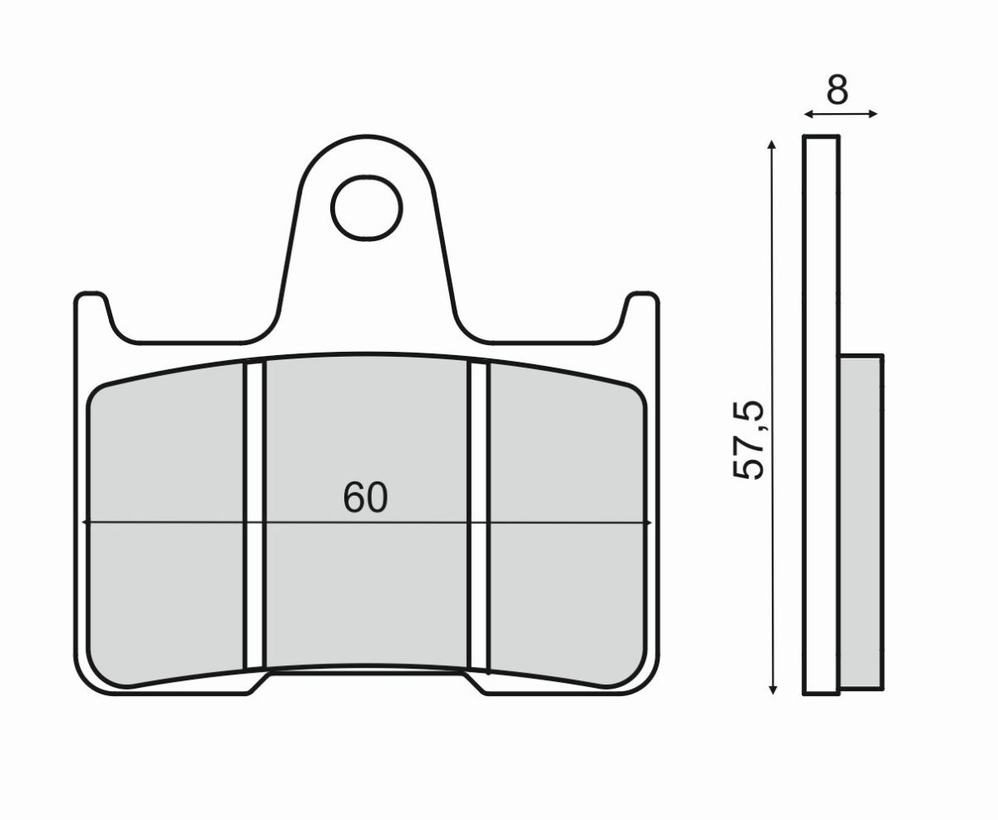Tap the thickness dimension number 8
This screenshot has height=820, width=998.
tap(837, 90)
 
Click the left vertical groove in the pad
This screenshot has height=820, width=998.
tap(255, 516)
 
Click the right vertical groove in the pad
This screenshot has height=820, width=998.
tap(478, 516)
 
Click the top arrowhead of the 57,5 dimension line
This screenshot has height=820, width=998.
tap(773, 145)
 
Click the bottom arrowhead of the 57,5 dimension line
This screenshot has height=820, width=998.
tap(773, 688)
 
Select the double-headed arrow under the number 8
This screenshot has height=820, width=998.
tap(840, 114)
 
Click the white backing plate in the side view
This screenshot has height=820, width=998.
tap(821, 416)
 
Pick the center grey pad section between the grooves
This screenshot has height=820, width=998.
tap(366, 582)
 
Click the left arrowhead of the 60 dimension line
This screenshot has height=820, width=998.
tap(86, 522)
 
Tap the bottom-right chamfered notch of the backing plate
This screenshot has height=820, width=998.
tap(475, 684)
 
